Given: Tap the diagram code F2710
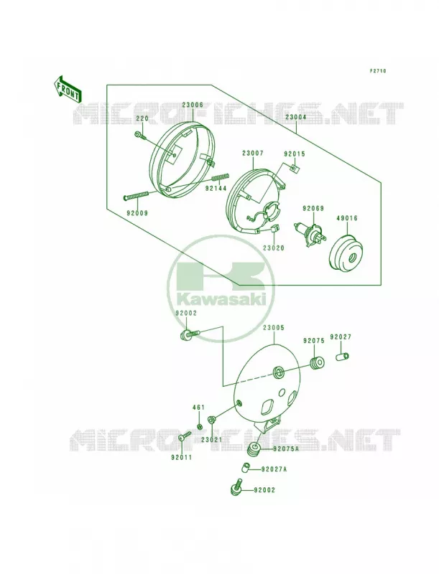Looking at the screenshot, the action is pos(377,71).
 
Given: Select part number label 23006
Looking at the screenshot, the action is pos(193,104).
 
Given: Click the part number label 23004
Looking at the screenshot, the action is pos(296,117).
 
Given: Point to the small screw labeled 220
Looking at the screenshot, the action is pos(140,135).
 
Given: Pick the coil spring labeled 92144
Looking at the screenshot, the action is pos(221,177).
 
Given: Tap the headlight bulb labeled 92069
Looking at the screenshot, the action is pos(308,232).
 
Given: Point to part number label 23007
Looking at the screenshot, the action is pos(252,153).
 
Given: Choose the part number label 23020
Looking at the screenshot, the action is pos(273,248).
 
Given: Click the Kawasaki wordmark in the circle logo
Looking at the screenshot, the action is pos(221,300).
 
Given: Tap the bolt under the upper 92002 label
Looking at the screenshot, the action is pos(190,334).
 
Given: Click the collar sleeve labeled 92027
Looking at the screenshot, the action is pos(343,356).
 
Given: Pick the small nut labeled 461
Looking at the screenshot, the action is pos(200,426).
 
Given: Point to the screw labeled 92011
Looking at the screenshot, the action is pos(185,436).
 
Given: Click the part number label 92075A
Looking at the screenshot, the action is pos(285,448).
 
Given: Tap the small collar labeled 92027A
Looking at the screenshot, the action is pos(246,468).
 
